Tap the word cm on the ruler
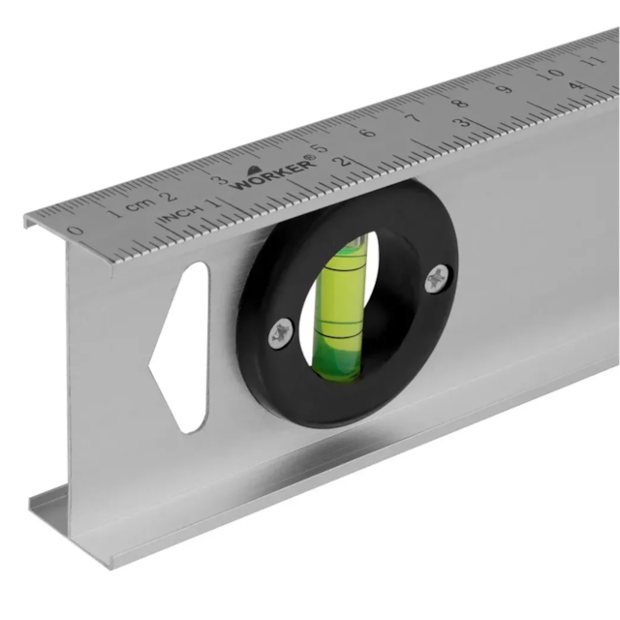(x=140, y=204)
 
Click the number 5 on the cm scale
(x=322, y=148)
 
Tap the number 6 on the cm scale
(x=368, y=132)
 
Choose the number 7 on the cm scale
(x=414, y=117)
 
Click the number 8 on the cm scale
(x=459, y=103)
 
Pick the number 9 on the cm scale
(x=505, y=88)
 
